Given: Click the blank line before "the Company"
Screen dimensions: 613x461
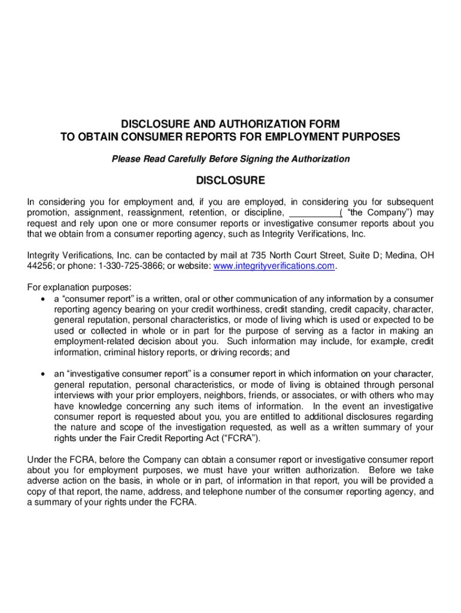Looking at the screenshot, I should (x=313, y=213).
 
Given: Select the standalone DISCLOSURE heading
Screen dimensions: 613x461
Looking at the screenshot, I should (x=230, y=180).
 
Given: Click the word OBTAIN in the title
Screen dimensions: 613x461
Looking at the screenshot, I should (x=105, y=137).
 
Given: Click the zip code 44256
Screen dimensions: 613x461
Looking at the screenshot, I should (x=40, y=266).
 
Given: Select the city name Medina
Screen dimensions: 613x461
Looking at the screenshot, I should (x=401, y=255).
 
